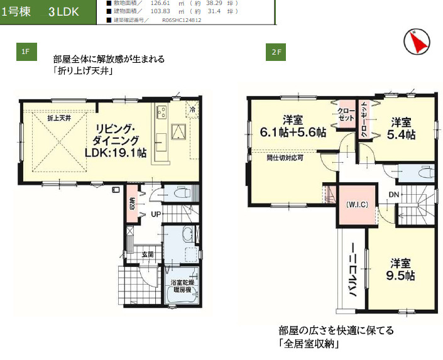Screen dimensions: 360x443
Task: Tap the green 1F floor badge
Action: click(x=25, y=52)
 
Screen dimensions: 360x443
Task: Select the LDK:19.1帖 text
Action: click(x=116, y=152)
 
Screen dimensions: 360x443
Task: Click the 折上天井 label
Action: click(x=59, y=118)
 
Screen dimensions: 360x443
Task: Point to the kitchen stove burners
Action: click(x=160, y=113)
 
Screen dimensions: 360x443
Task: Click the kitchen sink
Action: click(x=179, y=131)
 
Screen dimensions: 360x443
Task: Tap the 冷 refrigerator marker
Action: click(x=192, y=109)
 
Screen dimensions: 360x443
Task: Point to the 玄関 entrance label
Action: click(x=148, y=254)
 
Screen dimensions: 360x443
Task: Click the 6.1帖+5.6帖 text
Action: click(x=293, y=133)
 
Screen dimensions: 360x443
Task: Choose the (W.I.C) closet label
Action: click(x=356, y=204)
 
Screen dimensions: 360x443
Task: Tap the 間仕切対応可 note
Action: click(x=285, y=158)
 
